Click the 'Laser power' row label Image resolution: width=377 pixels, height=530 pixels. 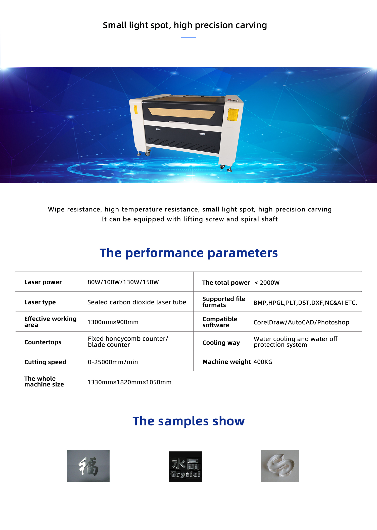(x=43, y=282)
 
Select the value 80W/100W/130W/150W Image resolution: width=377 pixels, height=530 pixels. (x=123, y=282)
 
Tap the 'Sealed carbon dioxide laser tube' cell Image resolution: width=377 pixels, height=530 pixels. (x=137, y=302)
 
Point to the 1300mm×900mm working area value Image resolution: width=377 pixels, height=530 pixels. (x=113, y=322)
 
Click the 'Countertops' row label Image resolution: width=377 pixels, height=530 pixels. (x=43, y=342)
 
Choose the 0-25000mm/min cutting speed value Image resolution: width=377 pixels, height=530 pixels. (x=113, y=362)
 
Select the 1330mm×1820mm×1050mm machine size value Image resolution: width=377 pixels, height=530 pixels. (x=129, y=382)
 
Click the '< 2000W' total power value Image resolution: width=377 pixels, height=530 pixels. (x=267, y=283)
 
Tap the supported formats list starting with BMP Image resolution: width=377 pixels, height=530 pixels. (x=305, y=303)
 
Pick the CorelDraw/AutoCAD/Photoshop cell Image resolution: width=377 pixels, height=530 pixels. (x=301, y=322)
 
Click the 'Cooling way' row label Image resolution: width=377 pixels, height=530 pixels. (x=221, y=343)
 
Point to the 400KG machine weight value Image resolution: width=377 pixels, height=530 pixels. (x=263, y=362)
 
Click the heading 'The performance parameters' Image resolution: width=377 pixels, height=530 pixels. (x=189, y=253)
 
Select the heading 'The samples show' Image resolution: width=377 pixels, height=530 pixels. (x=189, y=421)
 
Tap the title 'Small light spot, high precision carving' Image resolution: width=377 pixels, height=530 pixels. (x=185, y=25)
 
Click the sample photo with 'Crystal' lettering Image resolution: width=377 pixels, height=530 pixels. (x=185, y=467)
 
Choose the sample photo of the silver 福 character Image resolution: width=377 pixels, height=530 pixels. (x=88, y=466)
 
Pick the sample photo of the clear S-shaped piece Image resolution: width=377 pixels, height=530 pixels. (x=280, y=466)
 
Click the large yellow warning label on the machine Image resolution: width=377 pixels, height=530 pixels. (x=233, y=114)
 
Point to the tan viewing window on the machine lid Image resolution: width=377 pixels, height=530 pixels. (x=181, y=113)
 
